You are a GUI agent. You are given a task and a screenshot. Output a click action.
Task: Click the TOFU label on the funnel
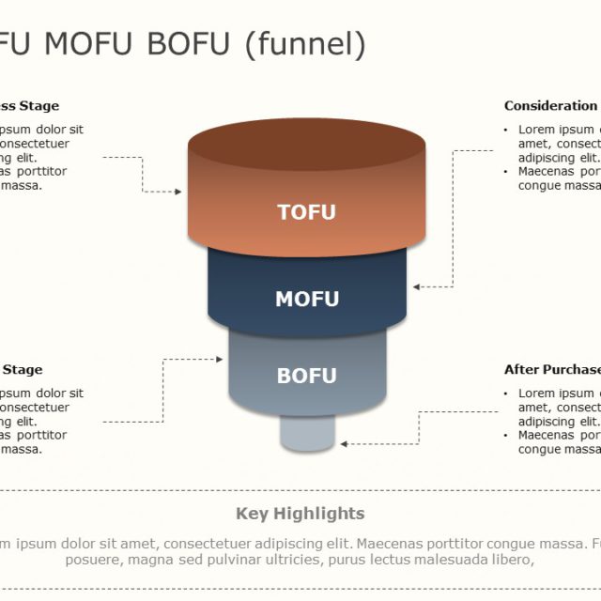pos(306,212)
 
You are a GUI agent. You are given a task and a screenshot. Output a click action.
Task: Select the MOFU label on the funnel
pos(306,300)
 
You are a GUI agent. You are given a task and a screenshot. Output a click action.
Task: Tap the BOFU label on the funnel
pos(306,376)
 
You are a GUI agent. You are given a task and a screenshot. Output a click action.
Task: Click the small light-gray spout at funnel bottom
pos(307,435)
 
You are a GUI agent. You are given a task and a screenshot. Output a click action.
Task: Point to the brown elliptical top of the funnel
pos(306,146)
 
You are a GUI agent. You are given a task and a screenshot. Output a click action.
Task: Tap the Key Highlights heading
pos(300,513)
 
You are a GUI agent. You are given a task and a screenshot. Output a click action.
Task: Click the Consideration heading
pos(551,106)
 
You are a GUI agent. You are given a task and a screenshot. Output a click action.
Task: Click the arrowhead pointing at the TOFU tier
pos(177,192)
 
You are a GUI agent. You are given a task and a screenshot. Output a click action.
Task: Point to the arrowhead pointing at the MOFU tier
pos(417,286)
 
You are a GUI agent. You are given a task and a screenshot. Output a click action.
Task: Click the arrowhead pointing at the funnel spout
pos(345,442)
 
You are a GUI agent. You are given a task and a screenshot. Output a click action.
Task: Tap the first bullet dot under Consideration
pos(507,130)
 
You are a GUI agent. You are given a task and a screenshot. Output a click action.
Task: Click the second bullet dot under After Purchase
pos(507,435)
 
